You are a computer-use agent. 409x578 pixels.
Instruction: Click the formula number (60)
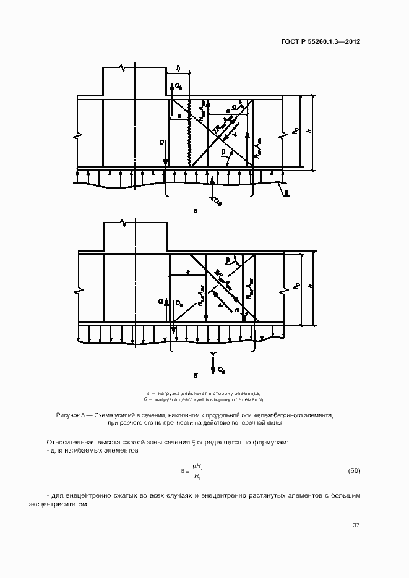pyautogui.click(x=354, y=471)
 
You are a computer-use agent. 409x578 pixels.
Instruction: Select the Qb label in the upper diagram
pyautogui.click(x=178, y=86)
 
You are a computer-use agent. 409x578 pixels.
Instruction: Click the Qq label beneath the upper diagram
pyautogui.click(x=218, y=202)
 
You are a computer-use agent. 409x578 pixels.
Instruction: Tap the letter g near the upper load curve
pyautogui.click(x=285, y=192)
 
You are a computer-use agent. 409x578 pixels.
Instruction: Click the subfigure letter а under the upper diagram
pyautogui.click(x=196, y=211)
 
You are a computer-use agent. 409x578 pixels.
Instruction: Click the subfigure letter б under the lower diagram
pyautogui.click(x=196, y=375)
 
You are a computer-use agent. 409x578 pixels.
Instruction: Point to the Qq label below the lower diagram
pyautogui.click(x=221, y=369)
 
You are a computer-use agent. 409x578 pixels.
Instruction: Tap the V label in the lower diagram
pyautogui.click(x=220, y=304)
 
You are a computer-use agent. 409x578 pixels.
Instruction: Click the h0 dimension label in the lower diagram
pyautogui.click(x=297, y=287)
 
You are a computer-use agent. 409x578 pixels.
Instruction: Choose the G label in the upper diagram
pyautogui.click(x=161, y=143)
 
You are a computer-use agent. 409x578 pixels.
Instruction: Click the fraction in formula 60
pyautogui.click(x=196, y=472)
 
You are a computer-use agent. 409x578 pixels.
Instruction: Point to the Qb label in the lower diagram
pyautogui.click(x=178, y=304)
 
